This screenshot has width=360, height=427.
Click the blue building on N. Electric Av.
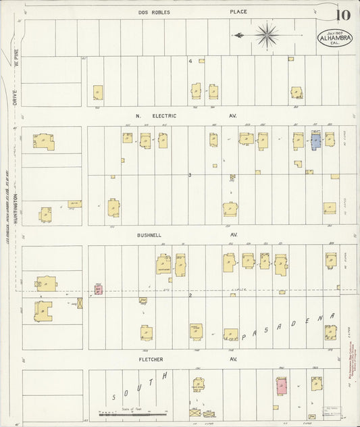click(315, 141)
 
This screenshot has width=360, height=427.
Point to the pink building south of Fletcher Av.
click(281, 386)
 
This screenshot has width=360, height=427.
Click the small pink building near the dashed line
click(98, 290)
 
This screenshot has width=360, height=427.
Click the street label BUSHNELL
click(148, 235)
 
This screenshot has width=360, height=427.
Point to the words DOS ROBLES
click(155, 12)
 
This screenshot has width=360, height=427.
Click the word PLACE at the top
click(238, 12)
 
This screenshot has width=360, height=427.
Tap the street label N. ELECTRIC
click(156, 116)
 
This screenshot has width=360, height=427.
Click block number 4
click(190, 61)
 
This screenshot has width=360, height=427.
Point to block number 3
click(190, 175)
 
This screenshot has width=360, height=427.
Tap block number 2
click(190, 295)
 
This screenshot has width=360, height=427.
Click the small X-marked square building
click(80, 303)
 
